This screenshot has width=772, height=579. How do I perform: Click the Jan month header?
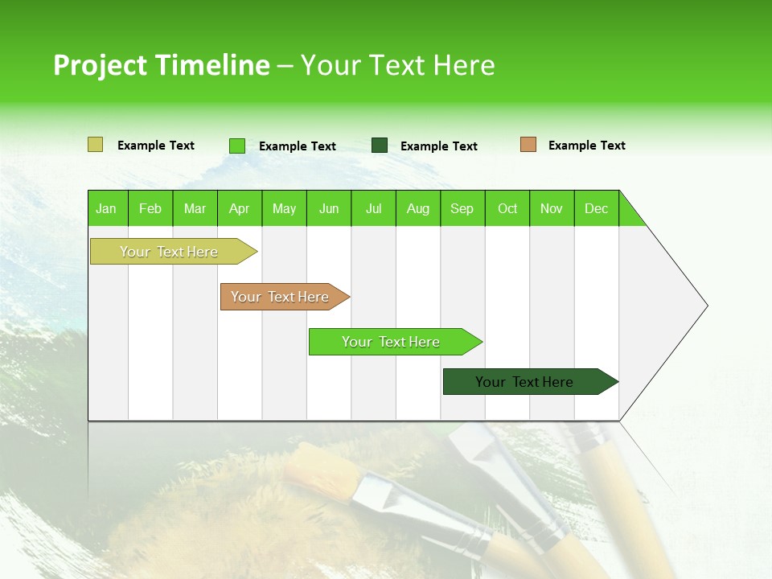107,208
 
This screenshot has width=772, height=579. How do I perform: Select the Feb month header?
150,208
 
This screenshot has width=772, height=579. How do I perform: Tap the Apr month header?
240,208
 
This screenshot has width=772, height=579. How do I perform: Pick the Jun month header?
329,208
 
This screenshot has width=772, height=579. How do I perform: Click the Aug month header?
418,208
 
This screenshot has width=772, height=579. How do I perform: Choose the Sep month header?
462,208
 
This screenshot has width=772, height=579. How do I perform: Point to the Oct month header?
507,208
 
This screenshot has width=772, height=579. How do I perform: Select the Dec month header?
597,208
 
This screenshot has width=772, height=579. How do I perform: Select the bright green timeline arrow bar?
392,342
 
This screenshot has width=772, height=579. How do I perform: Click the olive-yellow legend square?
96,145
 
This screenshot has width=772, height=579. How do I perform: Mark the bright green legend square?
237,146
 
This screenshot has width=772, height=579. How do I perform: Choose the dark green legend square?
380,146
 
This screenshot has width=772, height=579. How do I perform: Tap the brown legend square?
528,145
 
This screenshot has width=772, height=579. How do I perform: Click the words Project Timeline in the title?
161,65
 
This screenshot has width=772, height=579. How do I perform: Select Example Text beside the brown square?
586,146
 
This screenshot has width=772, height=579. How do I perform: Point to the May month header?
284,208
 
